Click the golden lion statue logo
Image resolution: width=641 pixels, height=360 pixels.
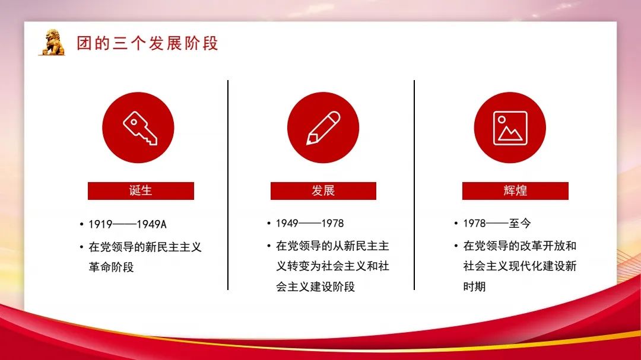52,42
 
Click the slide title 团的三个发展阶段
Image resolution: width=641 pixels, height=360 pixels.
147,43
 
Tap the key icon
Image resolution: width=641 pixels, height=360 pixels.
140,128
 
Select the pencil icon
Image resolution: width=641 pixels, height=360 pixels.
323,128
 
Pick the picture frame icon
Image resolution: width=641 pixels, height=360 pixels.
510,128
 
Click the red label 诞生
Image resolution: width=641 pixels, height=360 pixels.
141,191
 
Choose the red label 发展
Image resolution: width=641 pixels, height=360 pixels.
323,191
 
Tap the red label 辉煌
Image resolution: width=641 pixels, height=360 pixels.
515,191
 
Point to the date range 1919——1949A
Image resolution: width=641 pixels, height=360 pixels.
128,224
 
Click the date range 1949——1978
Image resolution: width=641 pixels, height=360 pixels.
310,223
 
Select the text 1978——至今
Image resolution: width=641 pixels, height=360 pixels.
497,223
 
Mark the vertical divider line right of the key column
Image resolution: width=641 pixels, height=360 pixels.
228,185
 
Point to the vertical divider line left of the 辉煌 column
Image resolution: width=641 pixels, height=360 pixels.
414,185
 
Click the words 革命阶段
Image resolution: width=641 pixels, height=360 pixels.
111,267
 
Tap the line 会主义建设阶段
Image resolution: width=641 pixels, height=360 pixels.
315,287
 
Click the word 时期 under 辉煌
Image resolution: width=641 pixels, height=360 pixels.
474,287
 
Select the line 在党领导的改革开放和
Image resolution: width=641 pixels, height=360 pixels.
519,246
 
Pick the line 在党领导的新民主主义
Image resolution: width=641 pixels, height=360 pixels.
145,247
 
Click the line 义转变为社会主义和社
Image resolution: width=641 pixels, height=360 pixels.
332,266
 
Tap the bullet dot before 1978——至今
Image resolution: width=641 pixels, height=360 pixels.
456,223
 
